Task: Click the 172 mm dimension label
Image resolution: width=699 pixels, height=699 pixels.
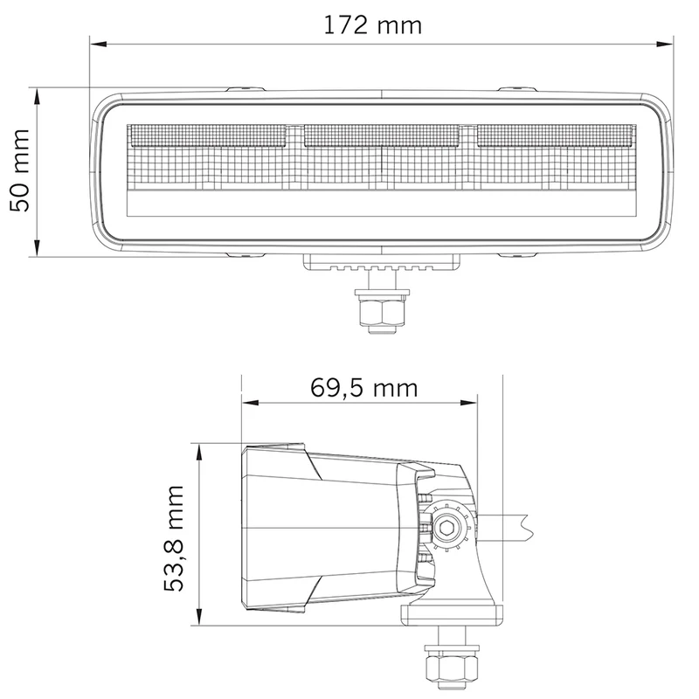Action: pos(372,25)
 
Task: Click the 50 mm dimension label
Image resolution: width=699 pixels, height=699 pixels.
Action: pos(20,170)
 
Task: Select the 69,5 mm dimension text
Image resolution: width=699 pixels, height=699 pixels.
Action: pos(363,388)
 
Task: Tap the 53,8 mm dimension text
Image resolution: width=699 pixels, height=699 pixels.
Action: pos(174,538)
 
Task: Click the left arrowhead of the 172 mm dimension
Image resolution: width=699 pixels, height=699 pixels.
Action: pos(98,45)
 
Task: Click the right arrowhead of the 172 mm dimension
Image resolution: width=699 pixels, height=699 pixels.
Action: pos(665,45)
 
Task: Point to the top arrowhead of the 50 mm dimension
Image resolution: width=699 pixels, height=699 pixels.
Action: pos(37,96)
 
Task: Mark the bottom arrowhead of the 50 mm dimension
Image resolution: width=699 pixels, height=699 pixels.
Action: pos(37,248)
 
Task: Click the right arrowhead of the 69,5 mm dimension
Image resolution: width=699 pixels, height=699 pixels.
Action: pos(468,403)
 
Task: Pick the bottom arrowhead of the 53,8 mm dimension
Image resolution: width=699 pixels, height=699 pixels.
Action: pos(199,617)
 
